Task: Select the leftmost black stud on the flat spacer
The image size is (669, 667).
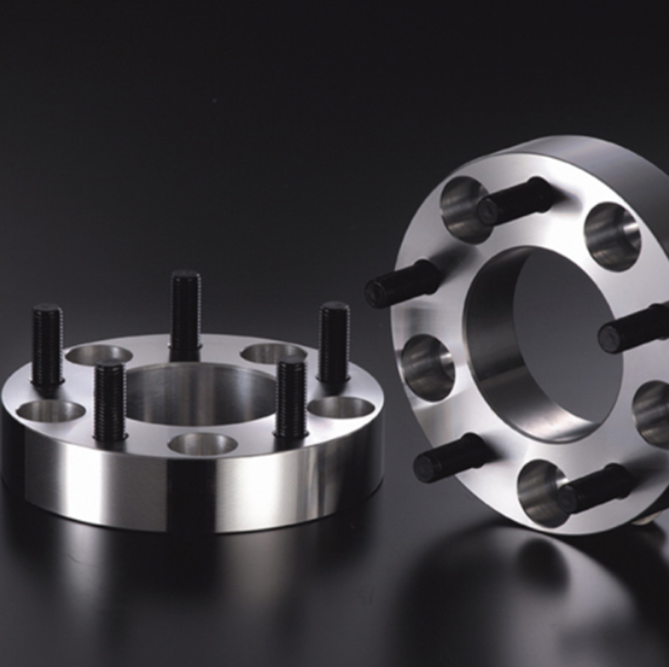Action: (47, 347)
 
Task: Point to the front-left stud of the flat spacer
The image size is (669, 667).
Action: (109, 400)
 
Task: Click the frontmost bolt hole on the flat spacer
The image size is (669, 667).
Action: (202, 444)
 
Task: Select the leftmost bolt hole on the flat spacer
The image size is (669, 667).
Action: (51, 411)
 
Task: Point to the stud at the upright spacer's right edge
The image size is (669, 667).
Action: (633, 328)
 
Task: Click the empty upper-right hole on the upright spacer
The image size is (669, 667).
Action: (612, 236)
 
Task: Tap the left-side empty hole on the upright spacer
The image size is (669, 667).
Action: (427, 367)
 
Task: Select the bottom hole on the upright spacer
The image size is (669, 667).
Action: (541, 491)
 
